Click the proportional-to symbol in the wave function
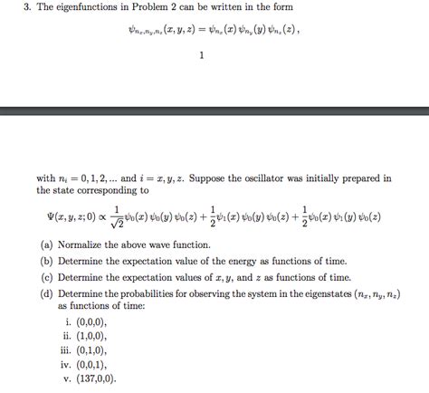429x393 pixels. pyautogui.click(x=93, y=217)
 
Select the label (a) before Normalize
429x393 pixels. pyautogui.click(x=46, y=245)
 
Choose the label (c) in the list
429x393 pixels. pyautogui.click(x=46, y=278)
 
